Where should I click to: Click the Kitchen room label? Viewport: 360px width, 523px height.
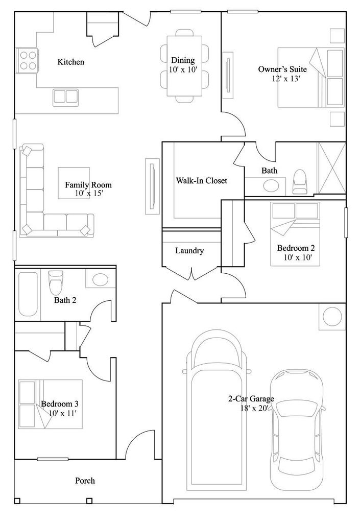click(x=70, y=62)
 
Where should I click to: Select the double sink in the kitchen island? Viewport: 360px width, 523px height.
click(x=65, y=97)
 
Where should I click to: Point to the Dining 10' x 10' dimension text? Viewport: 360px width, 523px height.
click(x=183, y=70)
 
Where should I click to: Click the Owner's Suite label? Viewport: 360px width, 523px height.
click(x=282, y=69)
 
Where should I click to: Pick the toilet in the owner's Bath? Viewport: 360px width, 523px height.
click(x=299, y=182)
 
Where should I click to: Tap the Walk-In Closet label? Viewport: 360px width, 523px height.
click(x=201, y=181)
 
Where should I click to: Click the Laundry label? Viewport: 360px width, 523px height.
click(x=189, y=250)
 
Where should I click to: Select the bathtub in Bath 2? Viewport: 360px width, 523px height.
click(x=28, y=294)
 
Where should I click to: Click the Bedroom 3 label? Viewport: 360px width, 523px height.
click(x=60, y=404)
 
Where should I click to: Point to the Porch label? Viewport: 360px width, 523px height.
click(x=85, y=481)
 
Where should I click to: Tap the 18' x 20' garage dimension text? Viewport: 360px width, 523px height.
click(x=254, y=408)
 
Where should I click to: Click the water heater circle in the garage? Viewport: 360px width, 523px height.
click(x=332, y=317)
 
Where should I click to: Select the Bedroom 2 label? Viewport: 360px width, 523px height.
click(x=296, y=248)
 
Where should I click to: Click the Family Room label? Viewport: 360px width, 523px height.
click(x=88, y=185)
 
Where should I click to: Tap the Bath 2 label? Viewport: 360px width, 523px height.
click(x=65, y=300)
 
